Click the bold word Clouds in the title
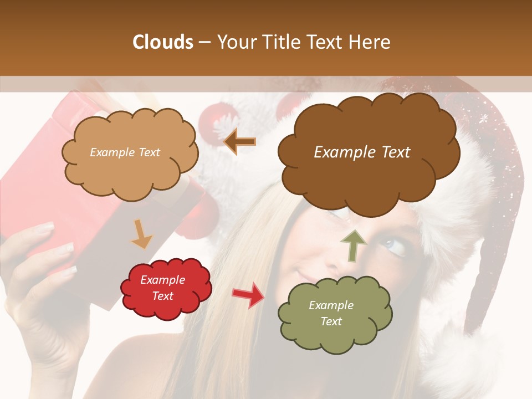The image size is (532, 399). click(x=162, y=42)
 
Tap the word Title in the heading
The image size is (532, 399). click(x=283, y=42)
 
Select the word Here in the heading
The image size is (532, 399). click(x=370, y=42)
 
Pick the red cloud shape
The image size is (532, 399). click(x=166, y=308)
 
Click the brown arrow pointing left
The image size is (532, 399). click(x=240, y=142)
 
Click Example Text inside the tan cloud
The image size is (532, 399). click(x=125, y=152)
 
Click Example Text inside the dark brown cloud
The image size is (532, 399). click(x=362, y=152)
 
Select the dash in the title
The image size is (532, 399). click(x=203, y=42)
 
